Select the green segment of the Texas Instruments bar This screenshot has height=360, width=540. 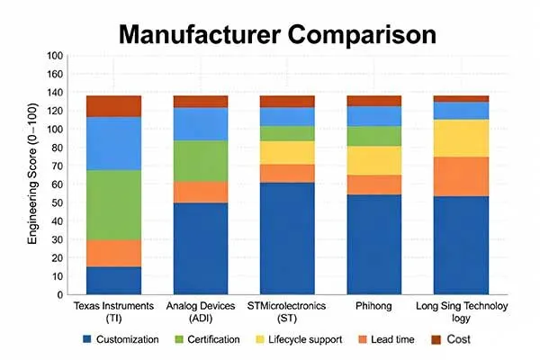tap(114, 204)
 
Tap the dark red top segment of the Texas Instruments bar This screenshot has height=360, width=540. tap(114, 105)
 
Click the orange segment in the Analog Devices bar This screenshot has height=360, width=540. tap(201, 192)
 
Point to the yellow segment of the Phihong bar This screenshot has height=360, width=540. tap(373, 159)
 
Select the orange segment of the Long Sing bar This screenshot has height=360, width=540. tap(461, 176)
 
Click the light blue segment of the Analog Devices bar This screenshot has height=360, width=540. tap(201, 123)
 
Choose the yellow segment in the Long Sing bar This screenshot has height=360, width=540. tap(461, 138)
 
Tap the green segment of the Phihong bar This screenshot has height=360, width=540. tap(373, 135)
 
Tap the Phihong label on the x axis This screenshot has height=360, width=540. tap(373, 307)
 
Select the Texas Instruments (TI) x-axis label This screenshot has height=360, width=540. tap(114, 312)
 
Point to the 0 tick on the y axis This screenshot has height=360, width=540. tap(59, 294)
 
